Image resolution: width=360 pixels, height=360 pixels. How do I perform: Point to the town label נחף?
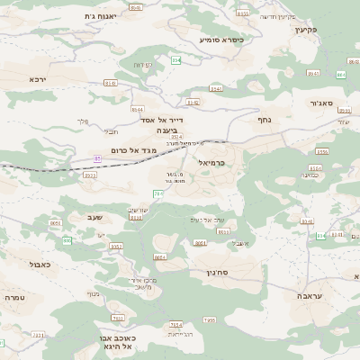pos(265,118)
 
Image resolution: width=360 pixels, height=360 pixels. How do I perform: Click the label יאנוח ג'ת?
pos(101,16)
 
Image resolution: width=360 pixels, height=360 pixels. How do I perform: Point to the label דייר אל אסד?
pos(162,119)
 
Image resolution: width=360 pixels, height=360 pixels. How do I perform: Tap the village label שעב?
pos(95,216)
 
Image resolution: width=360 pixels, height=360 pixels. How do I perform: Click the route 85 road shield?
pos(97,159)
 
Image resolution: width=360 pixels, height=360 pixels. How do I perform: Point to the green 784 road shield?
pos(158,193)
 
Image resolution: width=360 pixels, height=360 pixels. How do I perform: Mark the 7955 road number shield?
pos(209,319)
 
